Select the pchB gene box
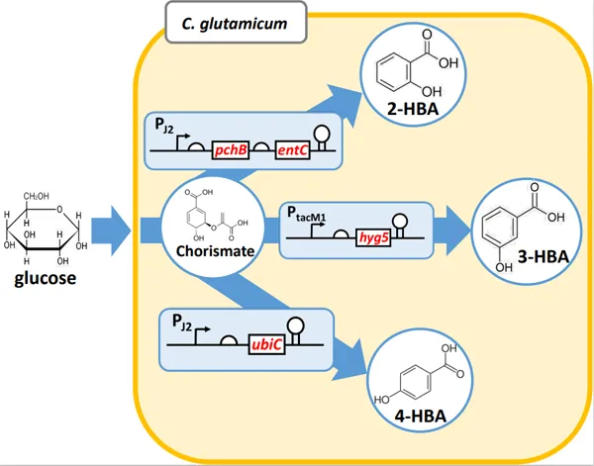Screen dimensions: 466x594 229,151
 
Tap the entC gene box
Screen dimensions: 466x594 292,151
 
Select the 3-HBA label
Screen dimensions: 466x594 543,256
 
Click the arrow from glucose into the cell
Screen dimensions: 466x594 111,234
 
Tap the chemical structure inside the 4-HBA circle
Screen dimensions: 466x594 416,381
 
